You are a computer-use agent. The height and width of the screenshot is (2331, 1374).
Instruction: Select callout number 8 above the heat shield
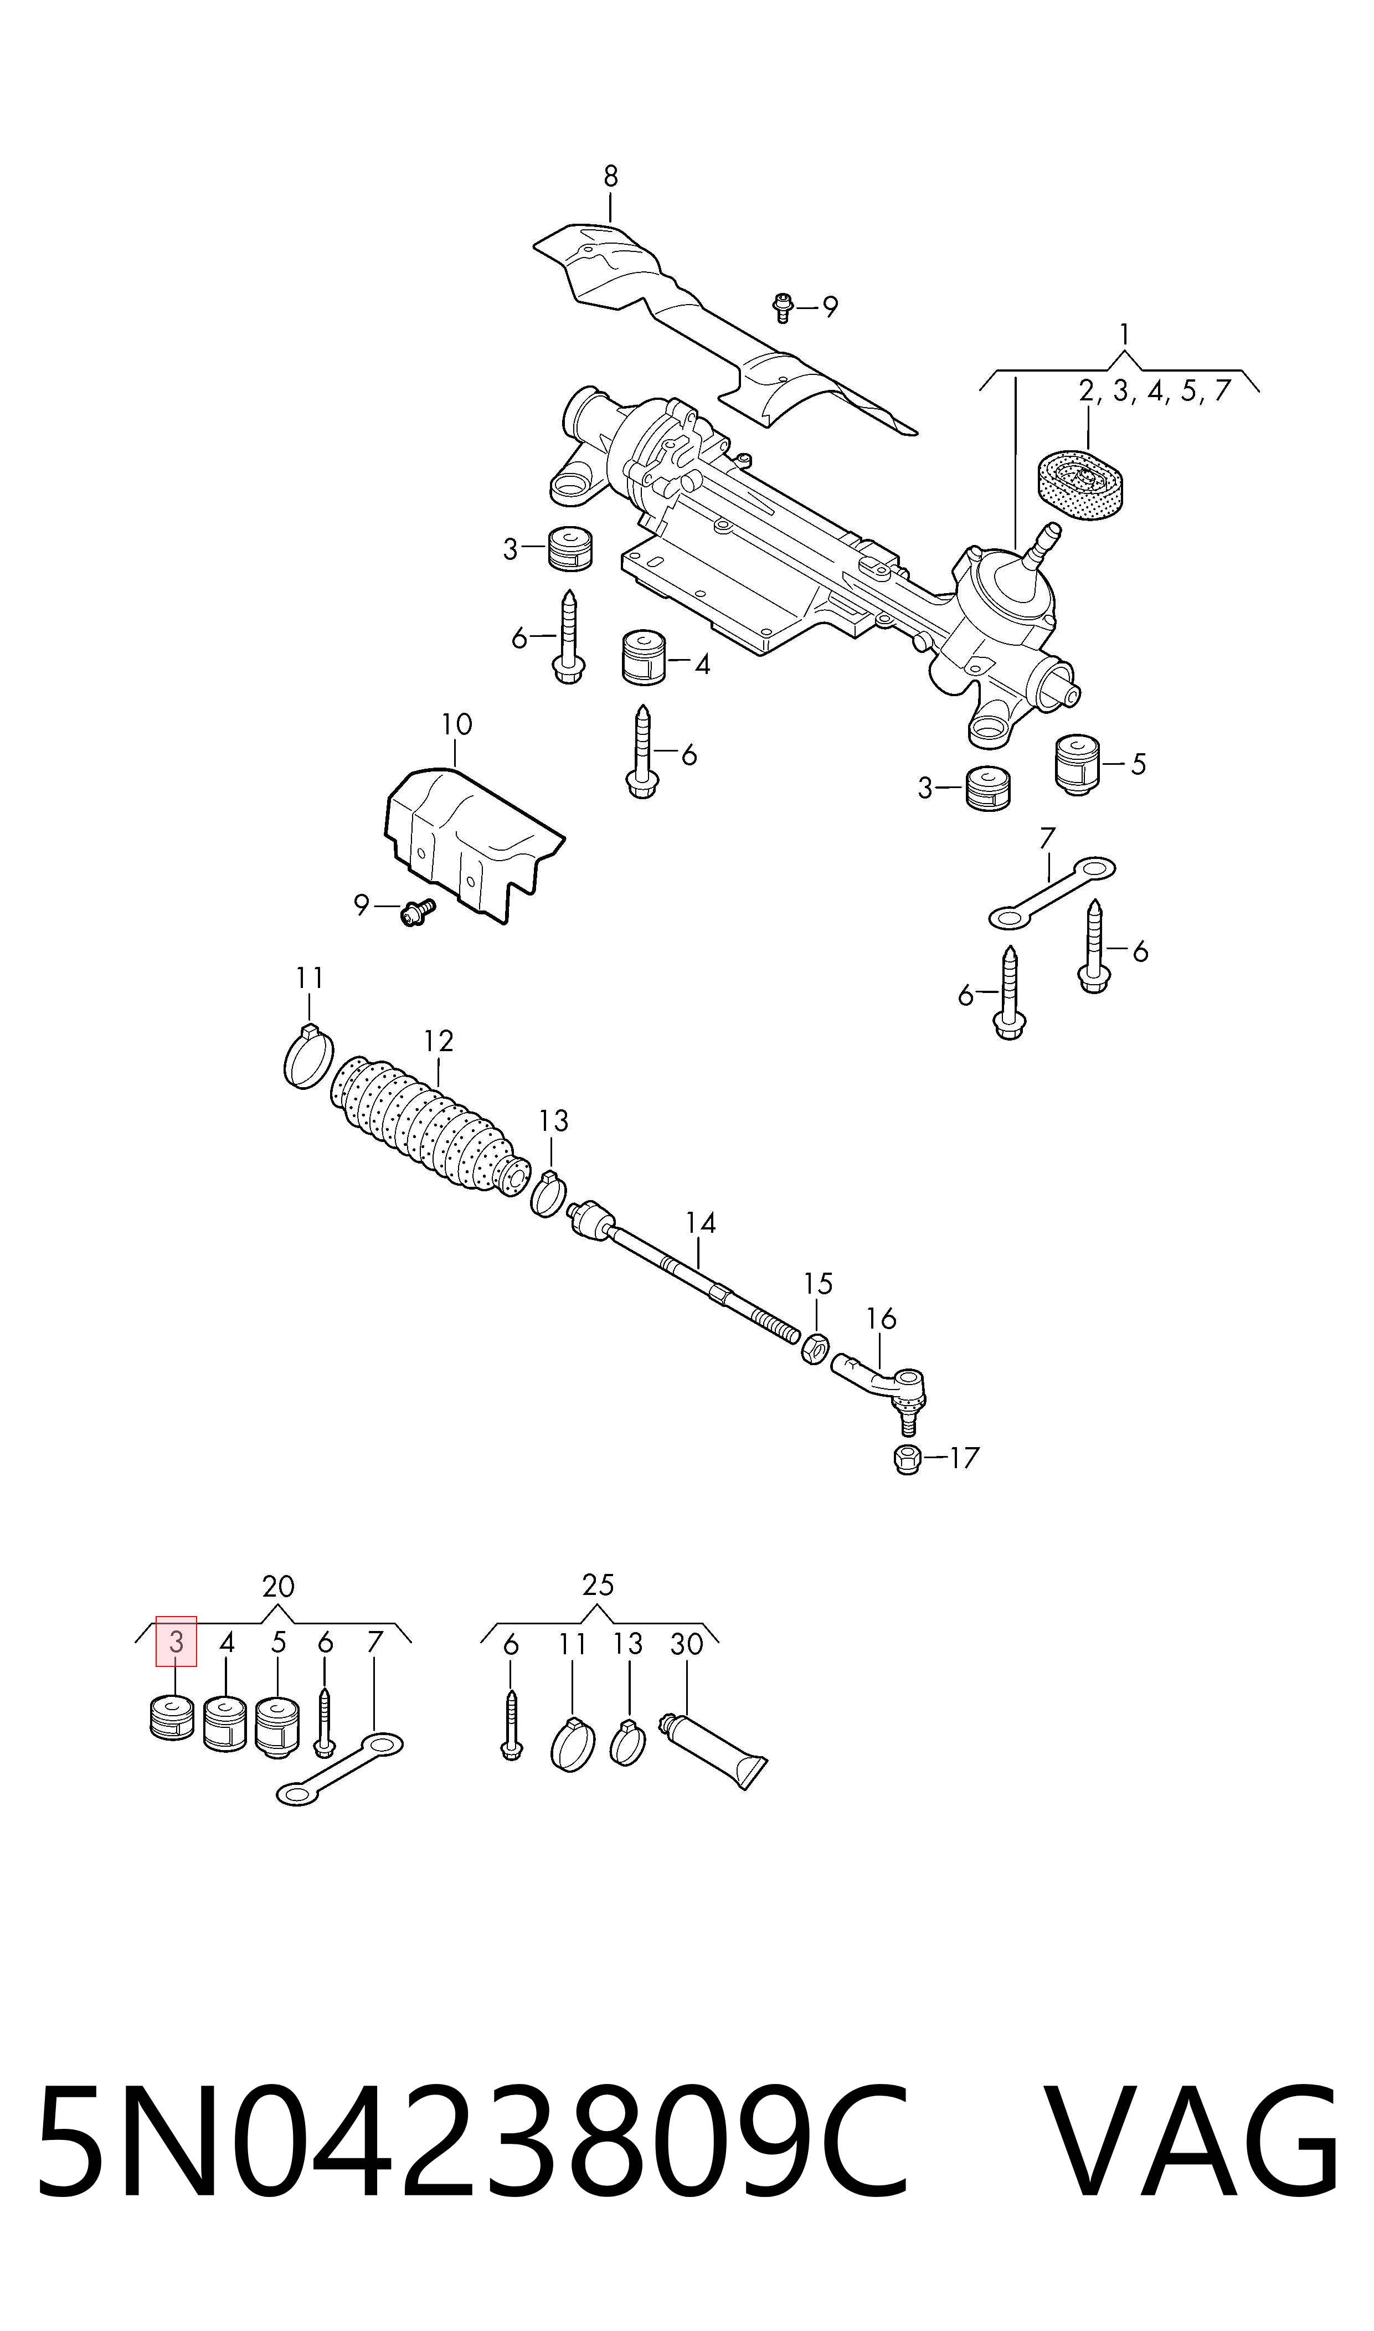point(610,176)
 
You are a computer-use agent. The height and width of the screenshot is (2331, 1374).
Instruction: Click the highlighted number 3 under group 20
point(176,1642)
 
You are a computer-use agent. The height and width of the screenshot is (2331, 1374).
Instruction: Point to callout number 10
point(456,724)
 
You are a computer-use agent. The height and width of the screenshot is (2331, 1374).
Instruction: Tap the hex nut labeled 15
point(814,1348)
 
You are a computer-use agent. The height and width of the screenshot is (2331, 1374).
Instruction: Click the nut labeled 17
point(907,1459)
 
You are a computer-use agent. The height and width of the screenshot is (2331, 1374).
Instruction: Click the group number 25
point(598,1585)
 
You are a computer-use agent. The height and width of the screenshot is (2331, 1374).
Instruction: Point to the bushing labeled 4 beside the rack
point(644,657)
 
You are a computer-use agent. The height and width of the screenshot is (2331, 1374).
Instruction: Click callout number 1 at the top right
point(1124,333)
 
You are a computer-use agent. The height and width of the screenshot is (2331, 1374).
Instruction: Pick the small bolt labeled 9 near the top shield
point(783,306)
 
